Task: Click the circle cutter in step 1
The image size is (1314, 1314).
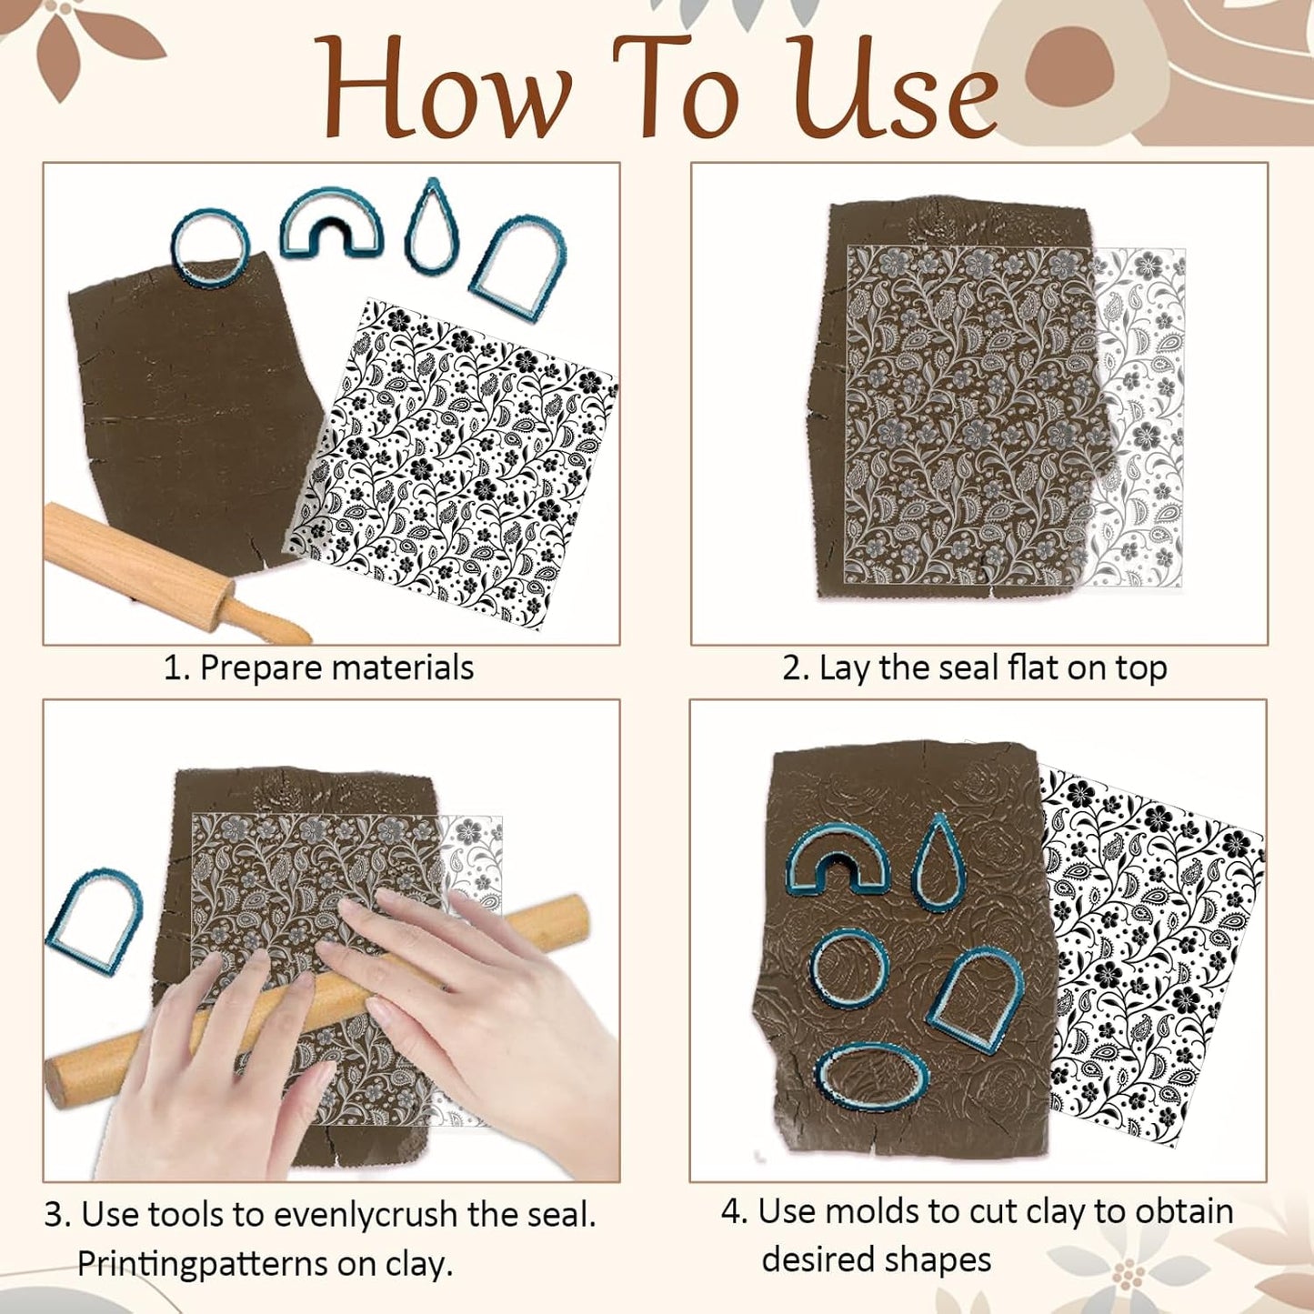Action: [x=209, y=247]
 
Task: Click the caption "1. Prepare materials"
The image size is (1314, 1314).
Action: [x=318, y=667]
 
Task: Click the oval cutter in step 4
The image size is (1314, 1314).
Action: [x=872, y=1078]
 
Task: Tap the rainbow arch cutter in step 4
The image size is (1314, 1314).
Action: [x=837, y=859]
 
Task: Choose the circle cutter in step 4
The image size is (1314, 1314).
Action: [x=849, y=969]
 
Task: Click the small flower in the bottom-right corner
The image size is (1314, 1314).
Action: [x=1128, y=1270]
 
